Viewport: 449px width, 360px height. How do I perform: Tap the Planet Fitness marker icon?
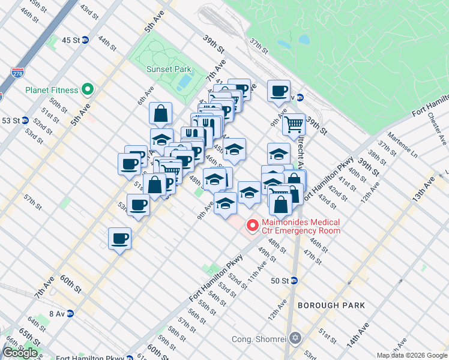click(88, 90)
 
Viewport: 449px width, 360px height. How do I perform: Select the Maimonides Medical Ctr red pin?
click(253, 226)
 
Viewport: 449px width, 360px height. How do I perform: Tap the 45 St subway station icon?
click(86, 40)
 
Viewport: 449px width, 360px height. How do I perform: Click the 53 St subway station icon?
click(25, 120)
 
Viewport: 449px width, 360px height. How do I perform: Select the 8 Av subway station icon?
click(70, 313)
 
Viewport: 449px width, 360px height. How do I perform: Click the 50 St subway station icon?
click(294, 280)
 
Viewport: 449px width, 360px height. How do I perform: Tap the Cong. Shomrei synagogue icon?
click(294, 337)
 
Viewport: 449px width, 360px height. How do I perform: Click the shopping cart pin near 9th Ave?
click(294, 125)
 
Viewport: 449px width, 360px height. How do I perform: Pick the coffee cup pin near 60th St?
click(119, 239)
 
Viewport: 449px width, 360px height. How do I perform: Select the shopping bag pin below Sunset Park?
click(161, 113)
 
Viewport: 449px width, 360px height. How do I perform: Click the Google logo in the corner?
click(20, 353)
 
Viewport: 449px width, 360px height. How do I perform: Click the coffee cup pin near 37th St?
click(279, 91)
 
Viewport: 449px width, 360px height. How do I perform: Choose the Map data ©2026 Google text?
click(412, 355)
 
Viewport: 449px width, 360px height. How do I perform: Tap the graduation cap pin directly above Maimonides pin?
click(249, 193)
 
